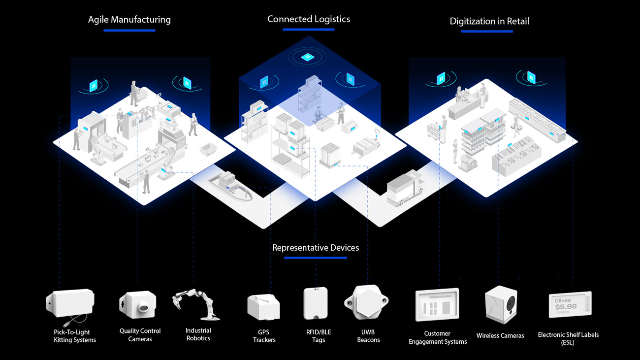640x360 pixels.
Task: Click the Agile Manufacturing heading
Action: tap(129, 20)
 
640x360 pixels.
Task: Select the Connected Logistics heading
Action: tap(309, 19)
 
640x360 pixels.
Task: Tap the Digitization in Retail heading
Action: tap(489, 21)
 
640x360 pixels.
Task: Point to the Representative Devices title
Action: tap(316, 247)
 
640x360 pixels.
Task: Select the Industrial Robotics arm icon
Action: tap(196, 305)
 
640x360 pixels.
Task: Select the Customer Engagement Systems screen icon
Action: tap(437, 305)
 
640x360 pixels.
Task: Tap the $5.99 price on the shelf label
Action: tap(565, 307)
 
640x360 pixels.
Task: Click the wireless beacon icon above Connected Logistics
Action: tap(308, 57)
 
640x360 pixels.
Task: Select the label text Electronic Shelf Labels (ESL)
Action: tap(568, 338)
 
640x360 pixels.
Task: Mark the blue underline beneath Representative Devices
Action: tap(315, 258)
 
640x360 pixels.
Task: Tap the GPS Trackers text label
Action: tap(264, 336)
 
